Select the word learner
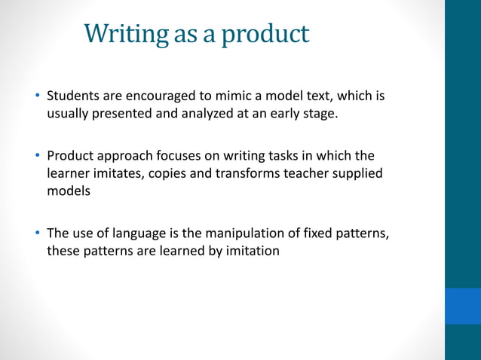[x=69, y=173]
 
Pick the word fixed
[x=311, y=233]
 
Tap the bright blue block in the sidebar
[x=462, y=305]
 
